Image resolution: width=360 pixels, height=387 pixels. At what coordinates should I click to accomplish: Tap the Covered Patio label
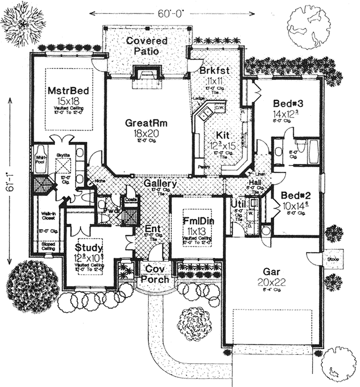146,45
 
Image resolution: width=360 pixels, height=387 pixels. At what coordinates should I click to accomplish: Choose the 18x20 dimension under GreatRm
143,133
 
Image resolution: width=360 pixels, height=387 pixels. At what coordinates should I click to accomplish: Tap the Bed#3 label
288,103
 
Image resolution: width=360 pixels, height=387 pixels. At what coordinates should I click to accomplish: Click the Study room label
89,247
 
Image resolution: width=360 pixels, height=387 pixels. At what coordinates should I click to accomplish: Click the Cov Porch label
155,274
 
